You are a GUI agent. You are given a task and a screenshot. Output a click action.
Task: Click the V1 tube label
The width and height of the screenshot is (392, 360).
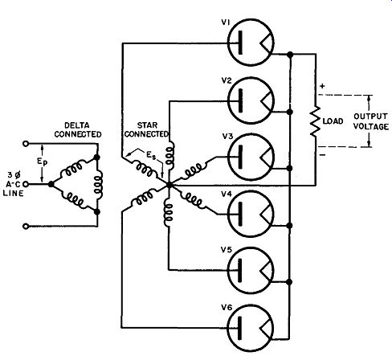pyautogui.click(x=226, y=22)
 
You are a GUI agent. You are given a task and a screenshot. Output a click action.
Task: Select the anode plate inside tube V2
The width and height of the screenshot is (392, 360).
pyautogui.click(x=240, y=100)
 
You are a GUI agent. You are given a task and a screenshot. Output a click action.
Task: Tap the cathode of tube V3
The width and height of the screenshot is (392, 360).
pyautogui.click(x=266, y=157)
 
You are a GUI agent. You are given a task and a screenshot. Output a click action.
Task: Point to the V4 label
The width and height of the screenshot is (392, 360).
pyautogui.click(x=227, y=194)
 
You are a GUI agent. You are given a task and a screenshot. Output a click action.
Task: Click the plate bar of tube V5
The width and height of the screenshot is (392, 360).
pyautogui.click(x=240, y=270)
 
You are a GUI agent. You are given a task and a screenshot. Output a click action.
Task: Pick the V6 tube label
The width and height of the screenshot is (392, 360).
pyautogui.click(x=227, y=308)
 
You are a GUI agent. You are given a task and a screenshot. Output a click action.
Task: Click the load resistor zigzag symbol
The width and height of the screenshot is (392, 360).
pyautogui.click(x=316, y=121)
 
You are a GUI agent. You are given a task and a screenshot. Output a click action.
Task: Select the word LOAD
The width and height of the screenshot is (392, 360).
pyautogui.click(x=333, y=121)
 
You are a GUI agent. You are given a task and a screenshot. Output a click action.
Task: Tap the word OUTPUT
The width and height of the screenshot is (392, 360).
pyautogui.click(x=370, y=117)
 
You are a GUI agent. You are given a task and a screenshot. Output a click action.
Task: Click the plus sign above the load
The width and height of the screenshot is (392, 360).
pyautogui.click(x=322, y=86)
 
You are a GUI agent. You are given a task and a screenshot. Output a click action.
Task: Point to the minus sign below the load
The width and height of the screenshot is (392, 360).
pyautogui.click(x=323, y=155)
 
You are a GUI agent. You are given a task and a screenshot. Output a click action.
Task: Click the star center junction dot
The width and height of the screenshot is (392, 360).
pyautogui.click(x=169, y=185)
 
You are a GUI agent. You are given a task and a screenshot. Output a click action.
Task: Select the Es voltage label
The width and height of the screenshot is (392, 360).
pyautogui.click(x=151, y=156)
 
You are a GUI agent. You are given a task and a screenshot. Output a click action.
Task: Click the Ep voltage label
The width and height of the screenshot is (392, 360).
pyautogui.click(x=42, y=162)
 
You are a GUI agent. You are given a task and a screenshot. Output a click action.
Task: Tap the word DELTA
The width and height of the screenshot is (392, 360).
pyautogui.click(x=77, y=125)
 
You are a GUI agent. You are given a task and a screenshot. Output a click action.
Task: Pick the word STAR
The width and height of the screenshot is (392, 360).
pyautogui.click(x=147, y=125)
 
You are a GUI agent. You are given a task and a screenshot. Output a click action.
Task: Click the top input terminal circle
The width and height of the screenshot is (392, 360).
pyautogui.click(x=26, y=144)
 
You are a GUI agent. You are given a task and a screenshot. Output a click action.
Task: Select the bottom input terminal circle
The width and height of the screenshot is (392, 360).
pyautogui.click(x=26, y=227)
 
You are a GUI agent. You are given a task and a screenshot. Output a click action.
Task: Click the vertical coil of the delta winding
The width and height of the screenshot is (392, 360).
pyautogui.click(x=99, y=184)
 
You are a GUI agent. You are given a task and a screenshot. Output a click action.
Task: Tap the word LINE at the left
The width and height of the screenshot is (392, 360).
pyautogui.click(x=14, y=194)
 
